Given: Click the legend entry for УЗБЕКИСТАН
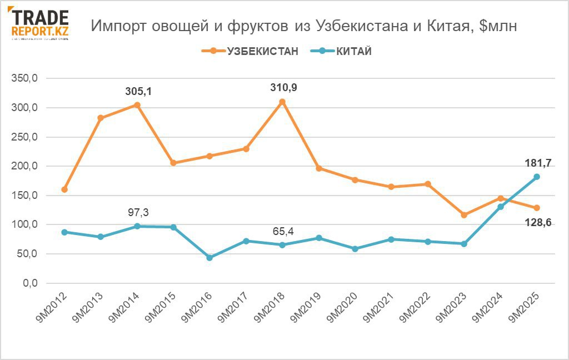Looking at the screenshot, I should coord(249,52).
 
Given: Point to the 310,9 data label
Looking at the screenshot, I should coord(283,87).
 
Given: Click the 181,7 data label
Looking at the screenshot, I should coord(537,163).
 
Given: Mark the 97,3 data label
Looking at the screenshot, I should coord(138,212).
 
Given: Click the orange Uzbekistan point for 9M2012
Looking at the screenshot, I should coord(64,189).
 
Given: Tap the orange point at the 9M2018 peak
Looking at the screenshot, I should coord(282,102).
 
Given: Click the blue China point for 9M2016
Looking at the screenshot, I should coord(209,258).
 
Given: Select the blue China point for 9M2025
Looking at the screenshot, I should coord(537,177).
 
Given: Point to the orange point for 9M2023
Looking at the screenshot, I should coord(464,214).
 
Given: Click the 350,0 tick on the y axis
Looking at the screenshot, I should coord(24,78).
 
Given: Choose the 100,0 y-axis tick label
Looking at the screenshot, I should coord(24,224).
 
